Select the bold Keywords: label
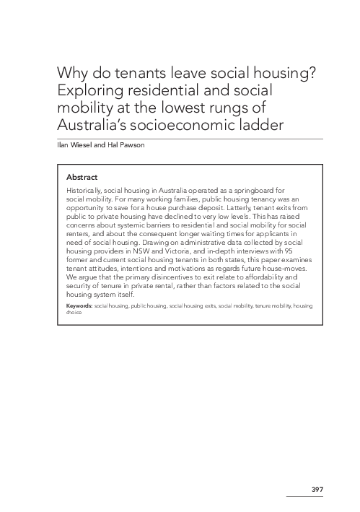click(77, 307)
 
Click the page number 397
click(317, 490)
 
